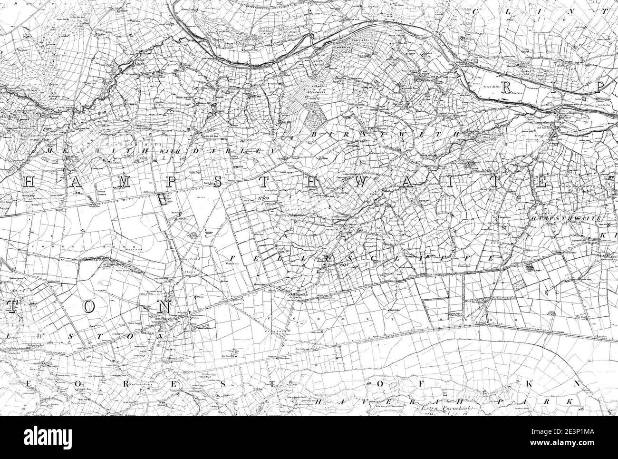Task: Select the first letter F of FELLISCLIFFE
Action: coord(233,258)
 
